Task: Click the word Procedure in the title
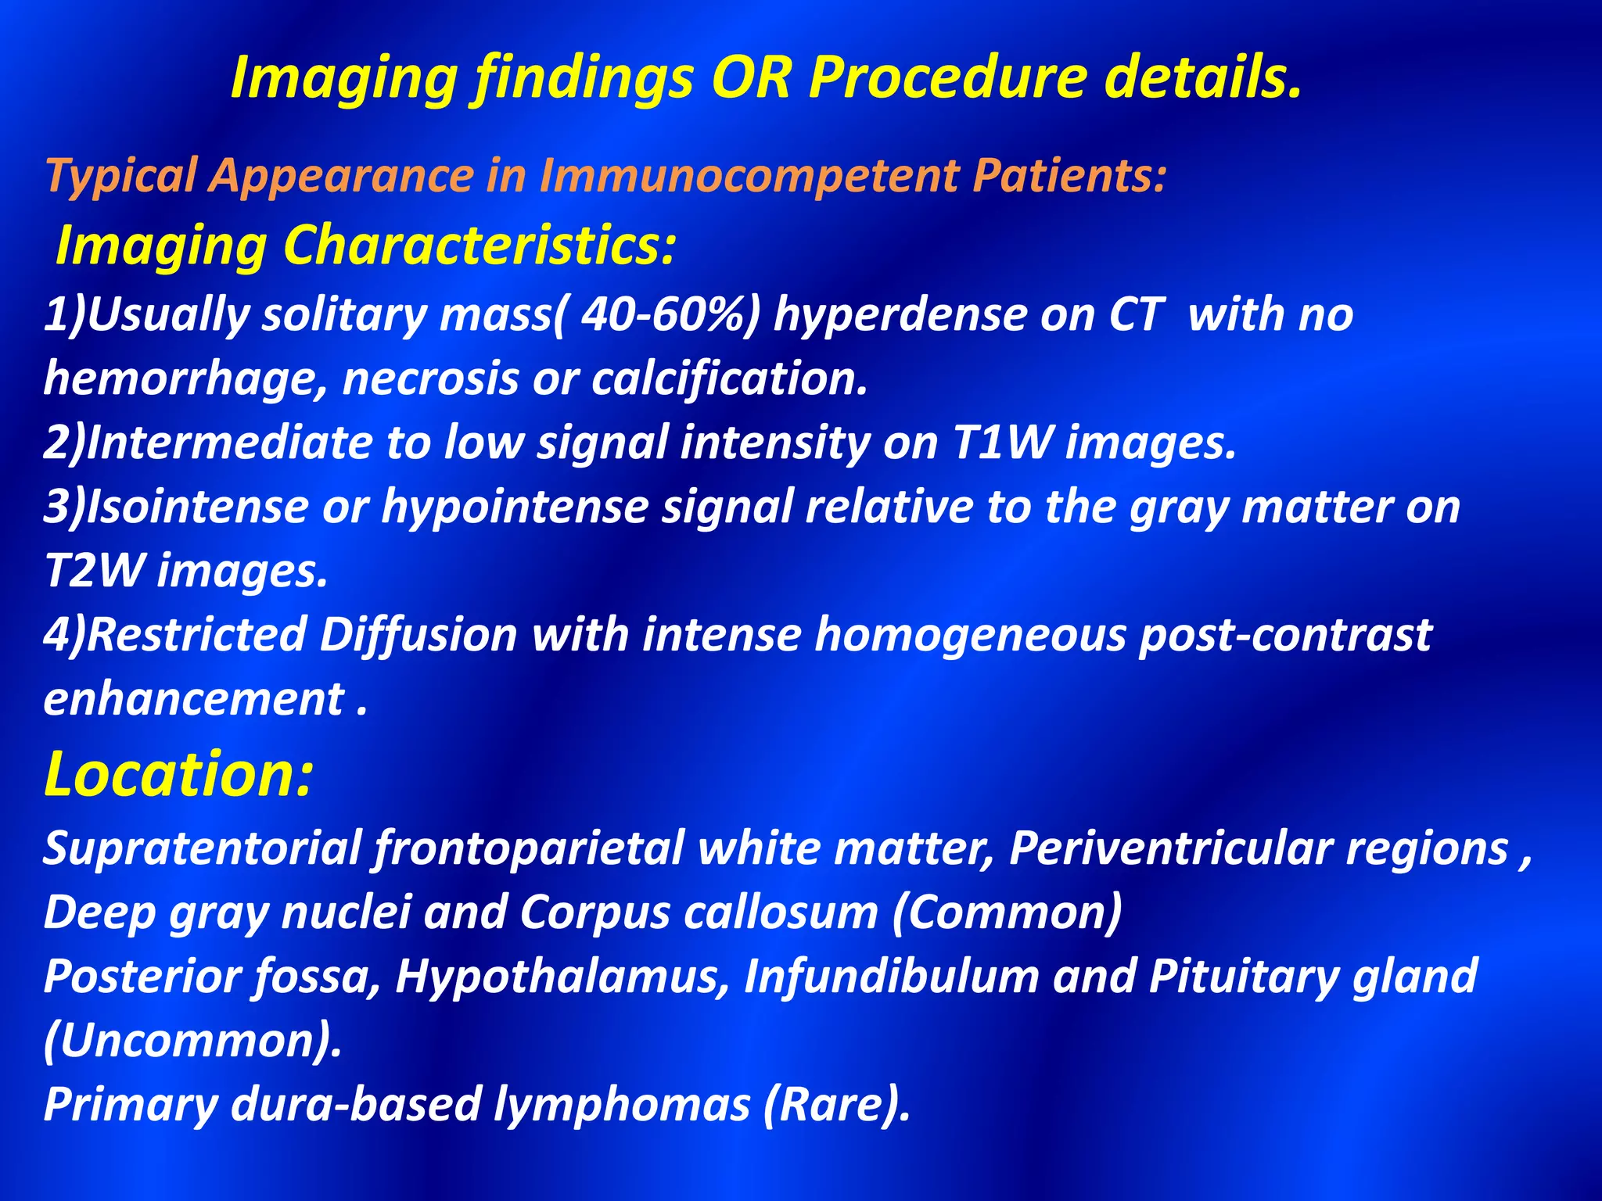click(946, 78)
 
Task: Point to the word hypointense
click(515, 507)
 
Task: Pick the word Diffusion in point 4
click(418, 634)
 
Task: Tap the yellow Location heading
click(178, 774)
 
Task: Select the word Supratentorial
click(201, 848)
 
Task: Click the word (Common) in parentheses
click(1008, 912)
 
